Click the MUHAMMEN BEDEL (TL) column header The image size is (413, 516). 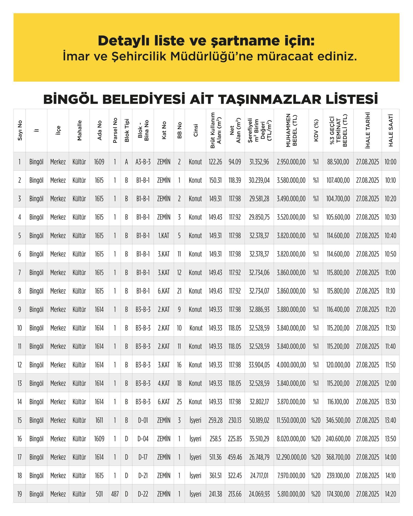[291, 131]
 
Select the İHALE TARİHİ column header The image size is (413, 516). [367, 131]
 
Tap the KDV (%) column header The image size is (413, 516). [316, 131]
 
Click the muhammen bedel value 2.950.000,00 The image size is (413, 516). [291, 162]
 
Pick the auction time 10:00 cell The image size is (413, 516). [390, 162]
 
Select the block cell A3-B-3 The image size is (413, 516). [143, 162]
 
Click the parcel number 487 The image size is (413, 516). [115, 494]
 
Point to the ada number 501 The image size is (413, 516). [99, 494]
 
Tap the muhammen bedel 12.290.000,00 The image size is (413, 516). [291, 457]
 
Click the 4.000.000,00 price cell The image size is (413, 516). [291, 365]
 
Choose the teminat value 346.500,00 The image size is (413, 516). [338, 420]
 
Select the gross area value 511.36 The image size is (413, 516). [215, 457]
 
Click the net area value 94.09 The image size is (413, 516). [235, 162]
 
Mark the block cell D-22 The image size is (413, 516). [143, 494]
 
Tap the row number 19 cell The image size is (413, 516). [19, 494]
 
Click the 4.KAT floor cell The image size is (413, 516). [164, 383]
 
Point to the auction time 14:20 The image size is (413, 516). [390, 494]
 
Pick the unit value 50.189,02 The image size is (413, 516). [259, 420]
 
